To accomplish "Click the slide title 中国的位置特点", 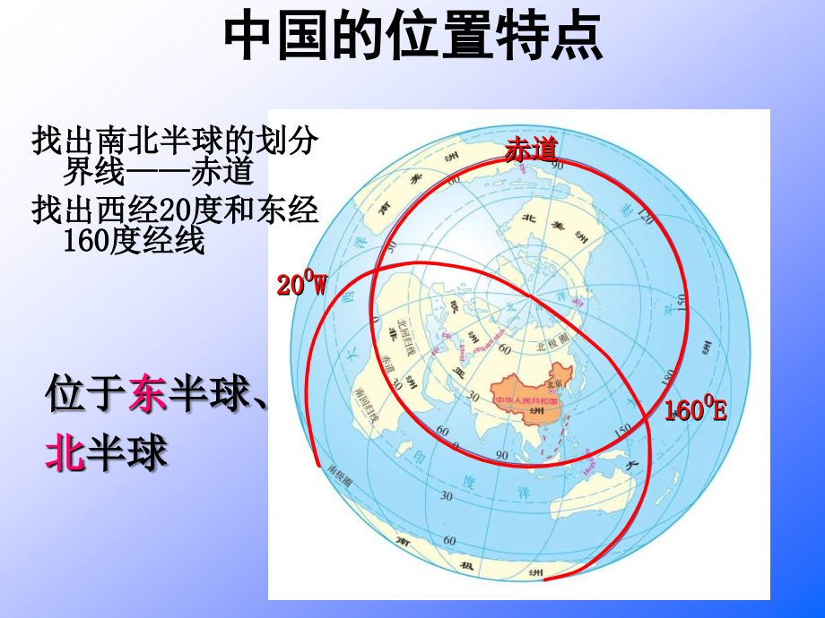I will [412, 38].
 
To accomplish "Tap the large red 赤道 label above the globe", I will [531, 150].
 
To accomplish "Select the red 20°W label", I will [302, 285].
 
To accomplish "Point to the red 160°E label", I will [695, 411].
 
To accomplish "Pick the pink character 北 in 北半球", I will [65, 452].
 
